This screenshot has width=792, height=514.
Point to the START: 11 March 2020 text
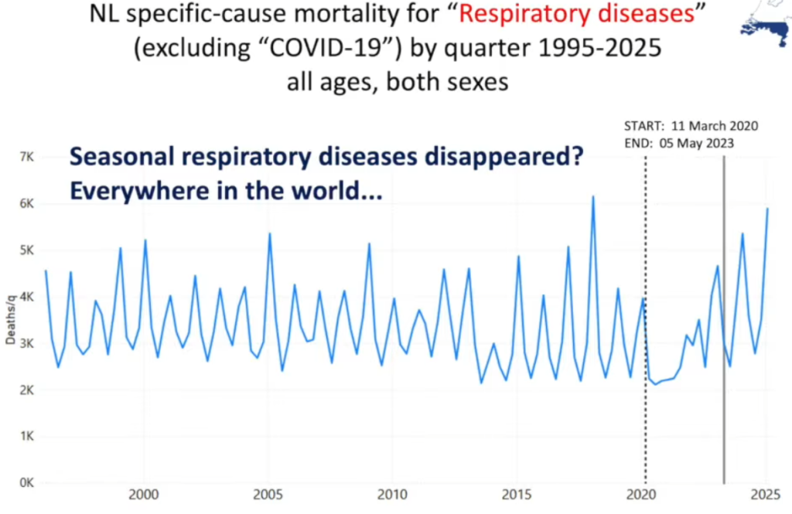click(x=691, y=126)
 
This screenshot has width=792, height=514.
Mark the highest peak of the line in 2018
click(x=593, y=197)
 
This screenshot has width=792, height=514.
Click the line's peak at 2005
click(x=269, y=233)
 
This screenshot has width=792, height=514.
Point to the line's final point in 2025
click(x=767, y=209)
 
